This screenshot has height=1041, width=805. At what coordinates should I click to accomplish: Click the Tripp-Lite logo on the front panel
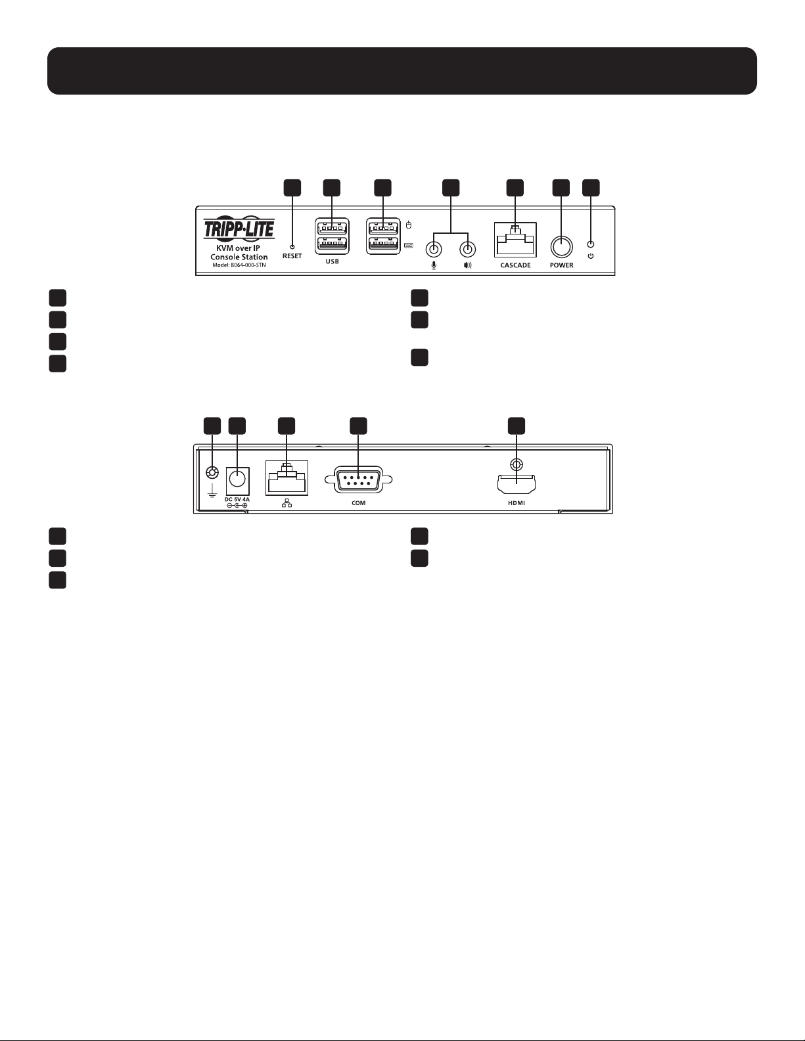pyautogui.click(x=239, y=229)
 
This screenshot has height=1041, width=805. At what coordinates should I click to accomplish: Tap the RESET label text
pyautogui.click(x=292, y=256)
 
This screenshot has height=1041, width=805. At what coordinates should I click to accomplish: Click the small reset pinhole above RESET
pyautogui.click(x=292, y=247)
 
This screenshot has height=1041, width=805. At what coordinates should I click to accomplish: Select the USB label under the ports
pyautogui.click(x=332, y=261)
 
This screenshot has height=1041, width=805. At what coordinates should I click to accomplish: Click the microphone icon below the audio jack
pyautogui.click(x=434, y=265)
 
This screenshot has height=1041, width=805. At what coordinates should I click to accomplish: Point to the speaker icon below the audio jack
pyautogui.click(x=468, y=265)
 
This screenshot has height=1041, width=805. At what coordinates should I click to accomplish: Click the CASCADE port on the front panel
pyautogui.click(x=515, y=240)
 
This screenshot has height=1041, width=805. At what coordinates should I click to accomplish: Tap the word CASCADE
pyautogui.click(x=516, y=265)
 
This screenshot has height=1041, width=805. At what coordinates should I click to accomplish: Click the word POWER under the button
pyautogui.click(x=562, y=265)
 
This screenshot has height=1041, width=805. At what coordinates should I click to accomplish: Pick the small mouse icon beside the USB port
pyautogui.click(x=409, y=225)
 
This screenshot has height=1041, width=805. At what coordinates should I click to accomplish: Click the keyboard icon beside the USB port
pyautogui.click(x=409, y=246)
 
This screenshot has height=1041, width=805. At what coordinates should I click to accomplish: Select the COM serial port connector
pyautogui.click(x=358, y=479)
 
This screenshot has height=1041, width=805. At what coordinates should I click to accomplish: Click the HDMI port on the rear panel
pyautogui.click(x=516, y=485)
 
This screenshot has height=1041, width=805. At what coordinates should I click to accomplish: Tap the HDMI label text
pyautogui.click(x=517, y=504)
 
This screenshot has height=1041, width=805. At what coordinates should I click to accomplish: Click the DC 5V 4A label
pyautogui.click(x=237, y=500)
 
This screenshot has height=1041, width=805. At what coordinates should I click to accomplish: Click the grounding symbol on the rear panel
pyautogui.click(x=212, y=490)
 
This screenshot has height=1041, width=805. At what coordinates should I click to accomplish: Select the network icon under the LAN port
pyautogui.click(x=287, y=503)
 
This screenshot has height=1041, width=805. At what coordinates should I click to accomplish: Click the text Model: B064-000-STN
pyautogui.click(x=239, y=265)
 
